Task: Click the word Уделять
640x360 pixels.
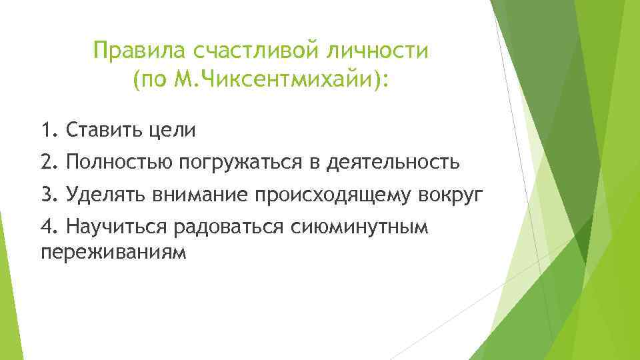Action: (107, 195)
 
